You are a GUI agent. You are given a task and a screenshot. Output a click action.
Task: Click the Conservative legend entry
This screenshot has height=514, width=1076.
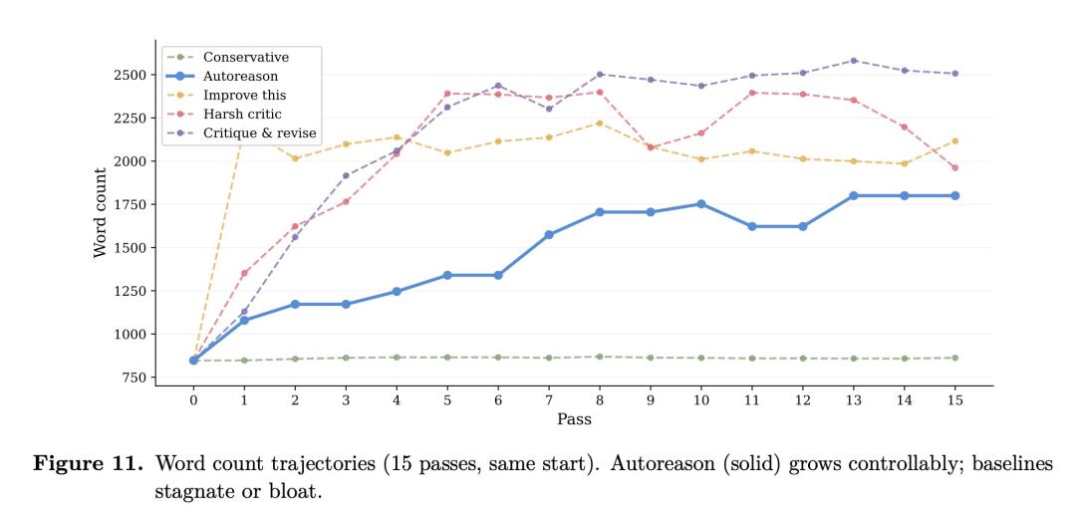pos(245,58)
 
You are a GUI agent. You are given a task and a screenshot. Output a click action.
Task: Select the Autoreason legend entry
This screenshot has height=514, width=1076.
pos(240,76)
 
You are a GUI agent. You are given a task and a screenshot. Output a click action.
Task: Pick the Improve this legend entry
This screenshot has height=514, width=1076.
pos(244,95)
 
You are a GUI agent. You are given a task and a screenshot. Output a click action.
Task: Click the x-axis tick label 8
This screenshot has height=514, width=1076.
pos(600,399)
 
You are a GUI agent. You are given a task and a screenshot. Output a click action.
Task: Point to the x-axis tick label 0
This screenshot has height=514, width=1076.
pos(193,399)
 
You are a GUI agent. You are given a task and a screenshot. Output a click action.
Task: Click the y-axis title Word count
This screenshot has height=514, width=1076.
pos(101,213)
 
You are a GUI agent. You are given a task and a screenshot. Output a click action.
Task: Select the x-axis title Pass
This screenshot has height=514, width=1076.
pos(574,419)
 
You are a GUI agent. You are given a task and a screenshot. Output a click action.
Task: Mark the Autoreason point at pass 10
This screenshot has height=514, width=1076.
pos(701,203)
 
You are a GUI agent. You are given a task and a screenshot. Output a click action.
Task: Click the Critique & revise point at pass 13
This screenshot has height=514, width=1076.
pos(853,61)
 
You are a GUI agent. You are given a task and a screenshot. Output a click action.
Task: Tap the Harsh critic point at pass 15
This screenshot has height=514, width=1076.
pos(954,167)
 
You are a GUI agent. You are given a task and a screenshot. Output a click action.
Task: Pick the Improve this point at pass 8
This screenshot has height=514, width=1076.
pos(600,124)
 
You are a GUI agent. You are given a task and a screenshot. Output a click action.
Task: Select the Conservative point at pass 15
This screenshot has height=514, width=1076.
pos(954,358)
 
